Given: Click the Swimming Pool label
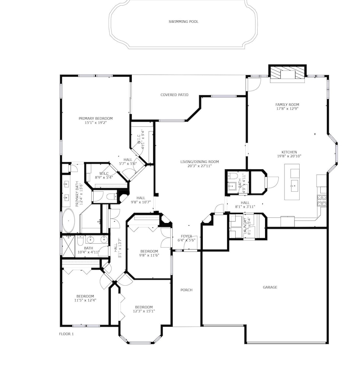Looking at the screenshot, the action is (184, 22).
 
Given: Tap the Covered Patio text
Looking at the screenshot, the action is (174, 95).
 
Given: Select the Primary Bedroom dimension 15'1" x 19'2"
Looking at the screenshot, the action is (96, 122).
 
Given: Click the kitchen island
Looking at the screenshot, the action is (292, 182).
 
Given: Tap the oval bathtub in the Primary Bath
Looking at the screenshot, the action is (68, 220).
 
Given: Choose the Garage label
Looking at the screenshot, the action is (270, 287).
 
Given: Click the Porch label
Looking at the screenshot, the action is (186, 290).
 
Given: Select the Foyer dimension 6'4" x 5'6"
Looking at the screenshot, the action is (187, 240).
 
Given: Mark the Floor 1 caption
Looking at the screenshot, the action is (66, 334).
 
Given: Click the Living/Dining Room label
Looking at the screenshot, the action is (200, 162).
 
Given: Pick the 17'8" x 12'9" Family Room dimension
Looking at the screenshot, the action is (287, 109).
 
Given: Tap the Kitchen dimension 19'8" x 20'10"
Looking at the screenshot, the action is (289, 156).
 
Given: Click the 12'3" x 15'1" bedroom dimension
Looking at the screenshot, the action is (144, 311).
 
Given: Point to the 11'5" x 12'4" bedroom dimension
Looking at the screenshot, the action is (85, 300).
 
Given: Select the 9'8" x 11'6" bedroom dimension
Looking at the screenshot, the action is (149, 255).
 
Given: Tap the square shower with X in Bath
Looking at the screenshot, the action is (68, 247).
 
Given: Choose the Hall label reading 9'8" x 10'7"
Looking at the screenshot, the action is (141, 200).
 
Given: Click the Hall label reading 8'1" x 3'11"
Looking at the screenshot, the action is (245, 205).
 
